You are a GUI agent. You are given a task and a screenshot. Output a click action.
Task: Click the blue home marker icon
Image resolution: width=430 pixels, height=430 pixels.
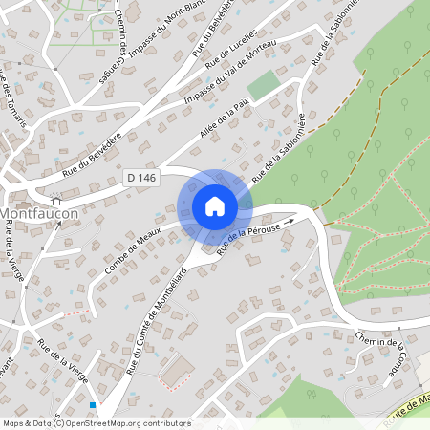(x=214, y=205)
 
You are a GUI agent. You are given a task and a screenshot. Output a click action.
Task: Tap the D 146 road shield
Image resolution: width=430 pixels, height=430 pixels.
(x=140, y=177)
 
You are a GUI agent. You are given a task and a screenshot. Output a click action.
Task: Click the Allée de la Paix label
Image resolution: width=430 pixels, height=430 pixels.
(x=225, y=129)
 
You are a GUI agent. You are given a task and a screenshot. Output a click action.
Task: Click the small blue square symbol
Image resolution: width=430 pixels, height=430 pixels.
(x=92, y=405)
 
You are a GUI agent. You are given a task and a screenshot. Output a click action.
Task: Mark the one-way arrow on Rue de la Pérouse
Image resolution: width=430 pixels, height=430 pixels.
(x=303, y=221)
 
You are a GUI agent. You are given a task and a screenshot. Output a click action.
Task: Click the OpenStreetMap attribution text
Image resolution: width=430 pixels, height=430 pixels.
(x=97, y=422)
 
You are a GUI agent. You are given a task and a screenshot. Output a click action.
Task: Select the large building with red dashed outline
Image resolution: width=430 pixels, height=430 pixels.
(x=177, y=373)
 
